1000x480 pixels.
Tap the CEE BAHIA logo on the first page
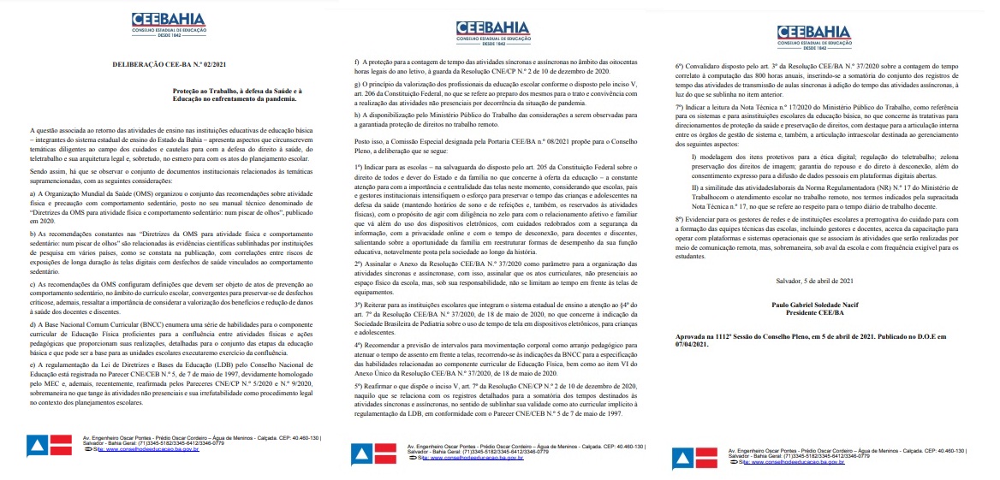(x=167, y=23)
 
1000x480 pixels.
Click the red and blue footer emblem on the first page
(x=50, y=445)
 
